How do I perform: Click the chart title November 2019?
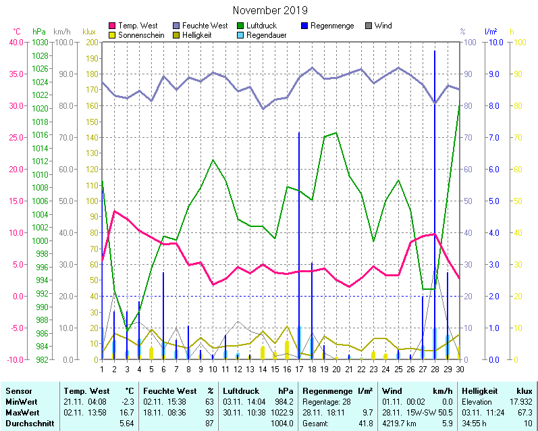[269, 11]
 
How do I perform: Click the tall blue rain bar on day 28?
[435, 203]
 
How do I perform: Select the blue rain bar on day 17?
[299, 243]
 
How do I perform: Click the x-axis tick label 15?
[275, 368]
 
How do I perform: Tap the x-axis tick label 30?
[460, 368]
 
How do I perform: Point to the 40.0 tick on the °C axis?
[16, 42]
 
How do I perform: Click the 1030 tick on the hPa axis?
[40, 42]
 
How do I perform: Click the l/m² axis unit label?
[491, 32]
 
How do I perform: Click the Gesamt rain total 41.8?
[365, 424]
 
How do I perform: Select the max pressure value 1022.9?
[283, 412]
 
